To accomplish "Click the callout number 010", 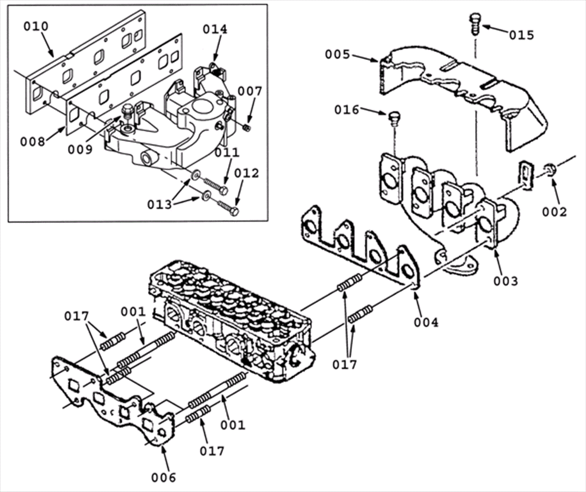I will pos(36,26).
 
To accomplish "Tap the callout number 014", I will pos(215,29).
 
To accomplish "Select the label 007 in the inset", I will pos(249,92).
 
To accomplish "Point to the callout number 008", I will pos(32,141).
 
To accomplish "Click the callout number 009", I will pos(80,149).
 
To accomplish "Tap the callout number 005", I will pos(338,55).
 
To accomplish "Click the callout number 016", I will pos(346,110).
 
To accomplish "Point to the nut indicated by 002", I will pos(550,169).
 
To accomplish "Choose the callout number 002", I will pos(555,212).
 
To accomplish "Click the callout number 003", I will pos(505,281).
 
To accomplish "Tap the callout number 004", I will pos(426,322).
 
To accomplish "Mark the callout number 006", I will pos(163,477).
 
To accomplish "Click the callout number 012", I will pos(246,173).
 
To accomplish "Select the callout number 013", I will pos(159,205).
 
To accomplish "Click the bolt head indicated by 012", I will pos(235,211).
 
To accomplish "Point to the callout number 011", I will pos(227,152).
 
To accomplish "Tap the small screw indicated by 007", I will pos(247,127).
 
